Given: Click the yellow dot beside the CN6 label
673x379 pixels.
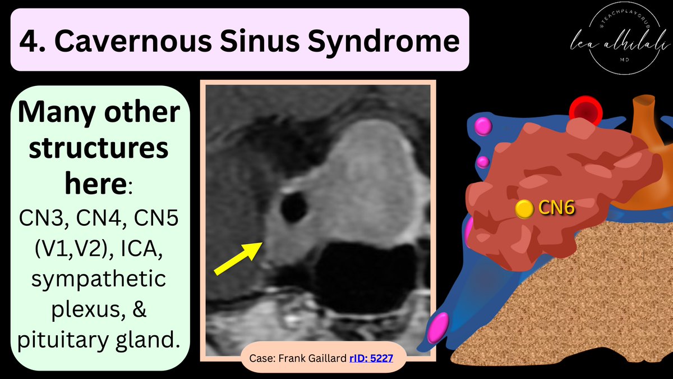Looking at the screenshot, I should coord(524,209).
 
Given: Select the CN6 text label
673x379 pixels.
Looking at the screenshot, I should coord(556,208).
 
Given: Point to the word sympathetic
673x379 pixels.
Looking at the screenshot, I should coord(99,279).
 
